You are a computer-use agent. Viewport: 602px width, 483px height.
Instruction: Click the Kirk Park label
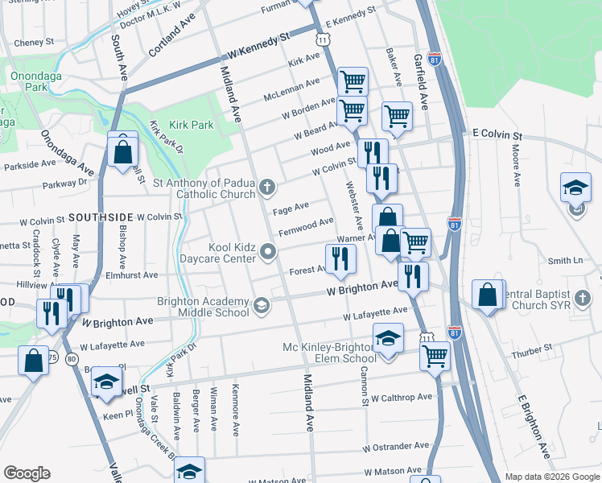coord(191,126)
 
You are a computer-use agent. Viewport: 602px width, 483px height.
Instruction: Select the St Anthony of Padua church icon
coord(267,188)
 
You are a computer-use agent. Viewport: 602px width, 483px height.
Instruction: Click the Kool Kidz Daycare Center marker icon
coord(267,255)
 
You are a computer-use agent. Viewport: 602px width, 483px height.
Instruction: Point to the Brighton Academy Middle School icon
coord(261,305)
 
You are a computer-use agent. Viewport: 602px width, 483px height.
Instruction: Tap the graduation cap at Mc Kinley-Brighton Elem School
coord(388,337)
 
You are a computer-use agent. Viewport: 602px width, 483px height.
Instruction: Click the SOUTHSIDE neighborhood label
coord(100,217)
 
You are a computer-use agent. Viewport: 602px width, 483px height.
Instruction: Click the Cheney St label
coord(34,41)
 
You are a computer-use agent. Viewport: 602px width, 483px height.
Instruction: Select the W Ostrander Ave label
coord(396,446)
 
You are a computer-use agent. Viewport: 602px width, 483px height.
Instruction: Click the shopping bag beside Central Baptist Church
coord(488,294)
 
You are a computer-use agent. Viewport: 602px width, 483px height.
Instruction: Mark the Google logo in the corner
coord(27,473)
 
